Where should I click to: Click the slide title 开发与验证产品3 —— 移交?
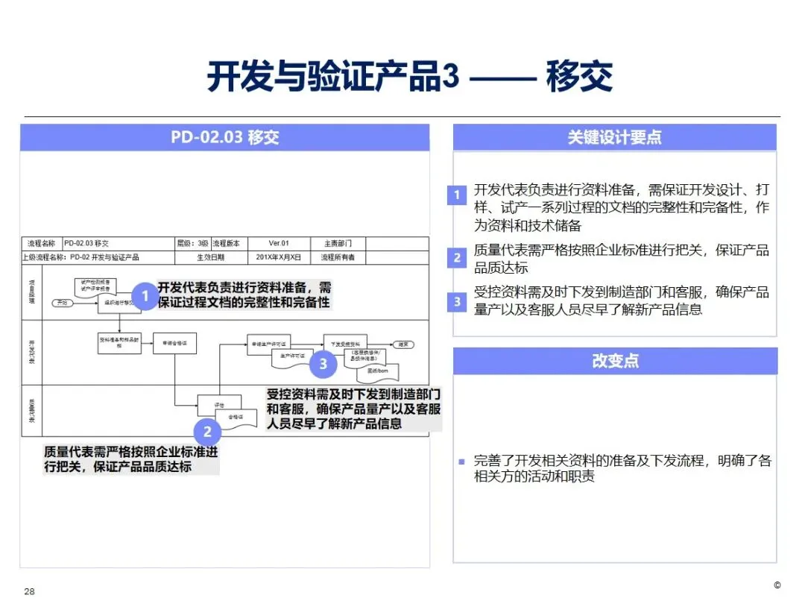[x=409, y=77]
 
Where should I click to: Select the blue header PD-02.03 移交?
[x=224, y=138]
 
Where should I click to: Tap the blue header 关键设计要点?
[x=614, y=138]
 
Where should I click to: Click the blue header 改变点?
[x=614, y=361]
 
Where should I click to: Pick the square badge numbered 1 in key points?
[x=457, y=196]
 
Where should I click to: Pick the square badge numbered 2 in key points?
[x=457, y=259]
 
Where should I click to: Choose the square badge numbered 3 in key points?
[x=457, y=301]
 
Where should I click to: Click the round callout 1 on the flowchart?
[x=145, y=296]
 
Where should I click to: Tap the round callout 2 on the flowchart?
[x=207, y=431]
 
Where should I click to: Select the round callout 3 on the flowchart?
[x=323, y=363]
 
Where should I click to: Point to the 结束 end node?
[x=403, y=345]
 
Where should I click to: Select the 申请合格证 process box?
[x=174, y=344]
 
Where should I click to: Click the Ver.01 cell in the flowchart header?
[x=279, y=243]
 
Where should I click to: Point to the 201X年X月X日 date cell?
[x=279, y=257]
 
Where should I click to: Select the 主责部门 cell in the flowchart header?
[x=338, y=243]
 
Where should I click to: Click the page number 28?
[x=30, y=591]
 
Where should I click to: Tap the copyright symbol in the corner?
[x=777, y=585]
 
